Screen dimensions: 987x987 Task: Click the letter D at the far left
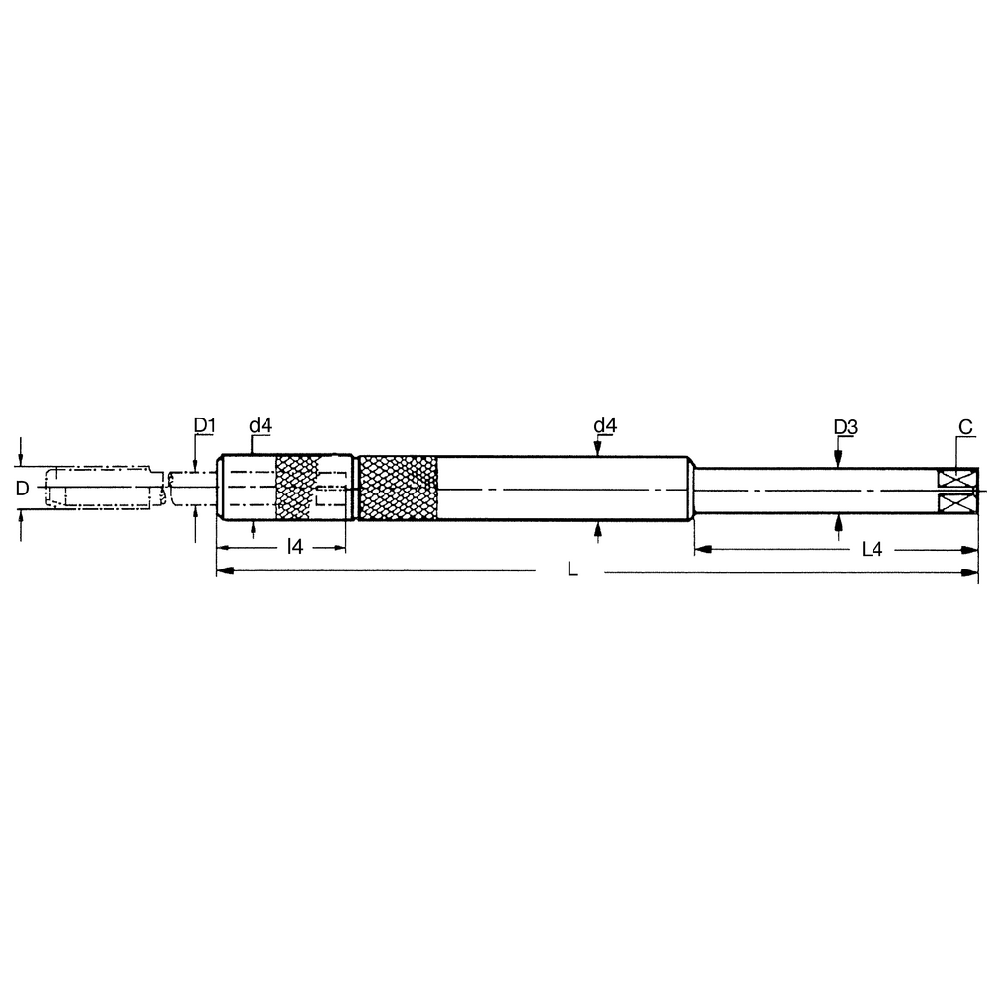(22, 488)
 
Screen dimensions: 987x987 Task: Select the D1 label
(204, 425)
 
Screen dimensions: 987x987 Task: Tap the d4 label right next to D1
(261, 425)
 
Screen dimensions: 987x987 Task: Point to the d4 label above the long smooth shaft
(605, 425)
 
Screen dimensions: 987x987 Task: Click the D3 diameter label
(845, 427)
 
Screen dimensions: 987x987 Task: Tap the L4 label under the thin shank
(872, 550)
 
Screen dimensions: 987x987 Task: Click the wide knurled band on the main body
(399, 489)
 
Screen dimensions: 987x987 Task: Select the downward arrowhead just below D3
(838, 459)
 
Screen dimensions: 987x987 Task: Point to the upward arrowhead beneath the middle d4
(598, 529)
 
